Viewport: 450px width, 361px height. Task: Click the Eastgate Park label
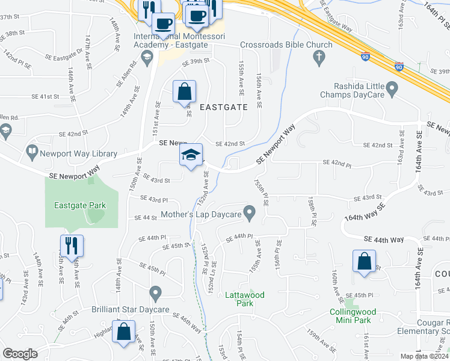(x=79, y=205)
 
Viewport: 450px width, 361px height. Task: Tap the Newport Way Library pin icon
(x=31, y=153)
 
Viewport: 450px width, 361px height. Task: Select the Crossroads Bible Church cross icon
(x=319, y=58)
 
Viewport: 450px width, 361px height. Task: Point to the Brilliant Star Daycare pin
(x=156, y=295)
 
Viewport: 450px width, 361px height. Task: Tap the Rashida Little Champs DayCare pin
(x=393, y=91)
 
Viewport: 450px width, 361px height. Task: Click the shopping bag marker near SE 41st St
(x=185, y=92)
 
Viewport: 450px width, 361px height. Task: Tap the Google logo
(x=20, y=353)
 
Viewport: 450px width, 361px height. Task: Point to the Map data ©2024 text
(x=424, y=356)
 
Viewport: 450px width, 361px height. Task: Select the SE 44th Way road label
(x=383, y=239)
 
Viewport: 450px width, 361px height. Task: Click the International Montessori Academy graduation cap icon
(x=146, y=57)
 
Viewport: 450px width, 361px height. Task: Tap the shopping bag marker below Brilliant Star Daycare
(x=124, y=332)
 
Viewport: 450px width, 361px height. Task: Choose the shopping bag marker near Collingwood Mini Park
(x=364, y=262)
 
